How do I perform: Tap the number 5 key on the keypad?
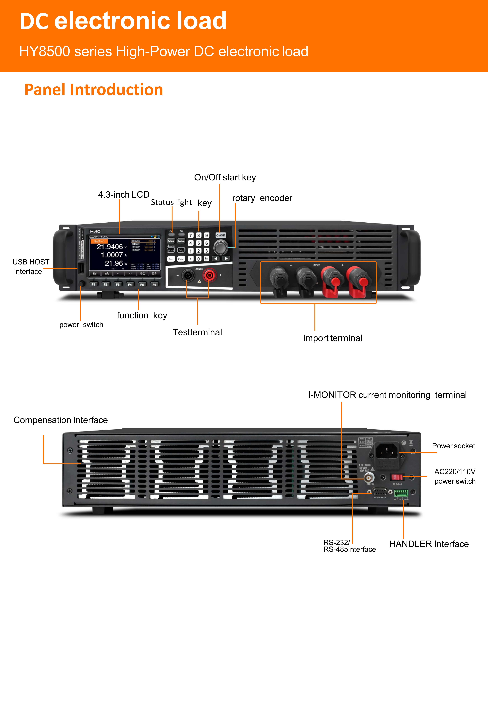click(198, 243)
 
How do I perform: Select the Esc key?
click(171, 259)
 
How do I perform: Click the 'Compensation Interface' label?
click(61, 420)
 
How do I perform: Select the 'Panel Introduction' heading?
click(94, 90)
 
